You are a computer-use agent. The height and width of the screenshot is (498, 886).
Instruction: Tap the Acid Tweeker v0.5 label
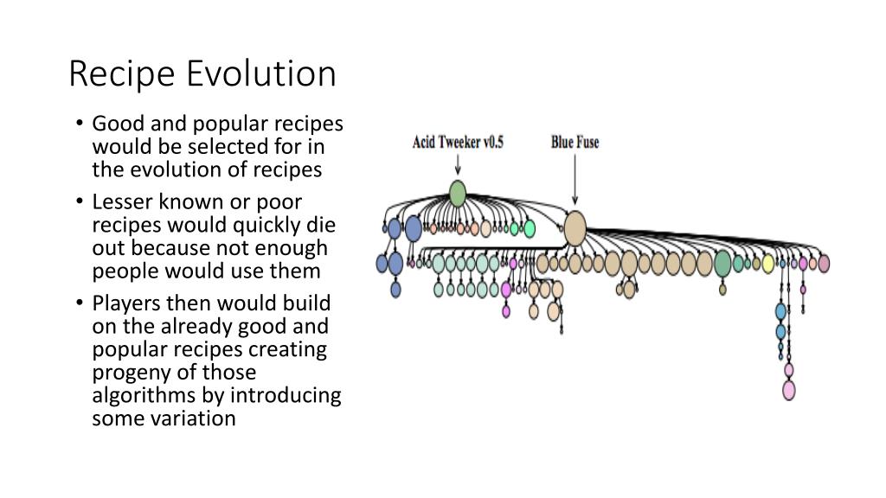pyautogui.click(x=458, y=143)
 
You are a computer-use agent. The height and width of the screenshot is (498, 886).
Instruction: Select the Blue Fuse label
pyautogui.click(x=575, y=143)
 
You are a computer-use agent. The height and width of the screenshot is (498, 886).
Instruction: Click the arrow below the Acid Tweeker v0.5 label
pyautogui.click(x=458, y=165)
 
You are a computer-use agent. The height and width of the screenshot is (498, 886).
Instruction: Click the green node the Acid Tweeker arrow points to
pyautogui.click(x=458, y=193)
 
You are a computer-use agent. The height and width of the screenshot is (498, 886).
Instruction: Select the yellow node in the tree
pyautogui.click(x=767, y=263)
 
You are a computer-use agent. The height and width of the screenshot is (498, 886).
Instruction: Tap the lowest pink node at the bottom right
pyautogui.click(x=789, y=390)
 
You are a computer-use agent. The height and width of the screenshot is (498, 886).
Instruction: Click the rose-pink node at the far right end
pyautogui.click(x=824, y=263)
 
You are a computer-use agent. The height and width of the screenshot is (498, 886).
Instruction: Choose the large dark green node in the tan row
pyautogui.click(x=722, y=264)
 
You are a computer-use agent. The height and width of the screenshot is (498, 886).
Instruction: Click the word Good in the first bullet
pyautogui.click(x=112, y=124)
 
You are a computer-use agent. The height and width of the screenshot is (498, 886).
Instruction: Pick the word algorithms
pyautogui.click(x=140, y=396)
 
